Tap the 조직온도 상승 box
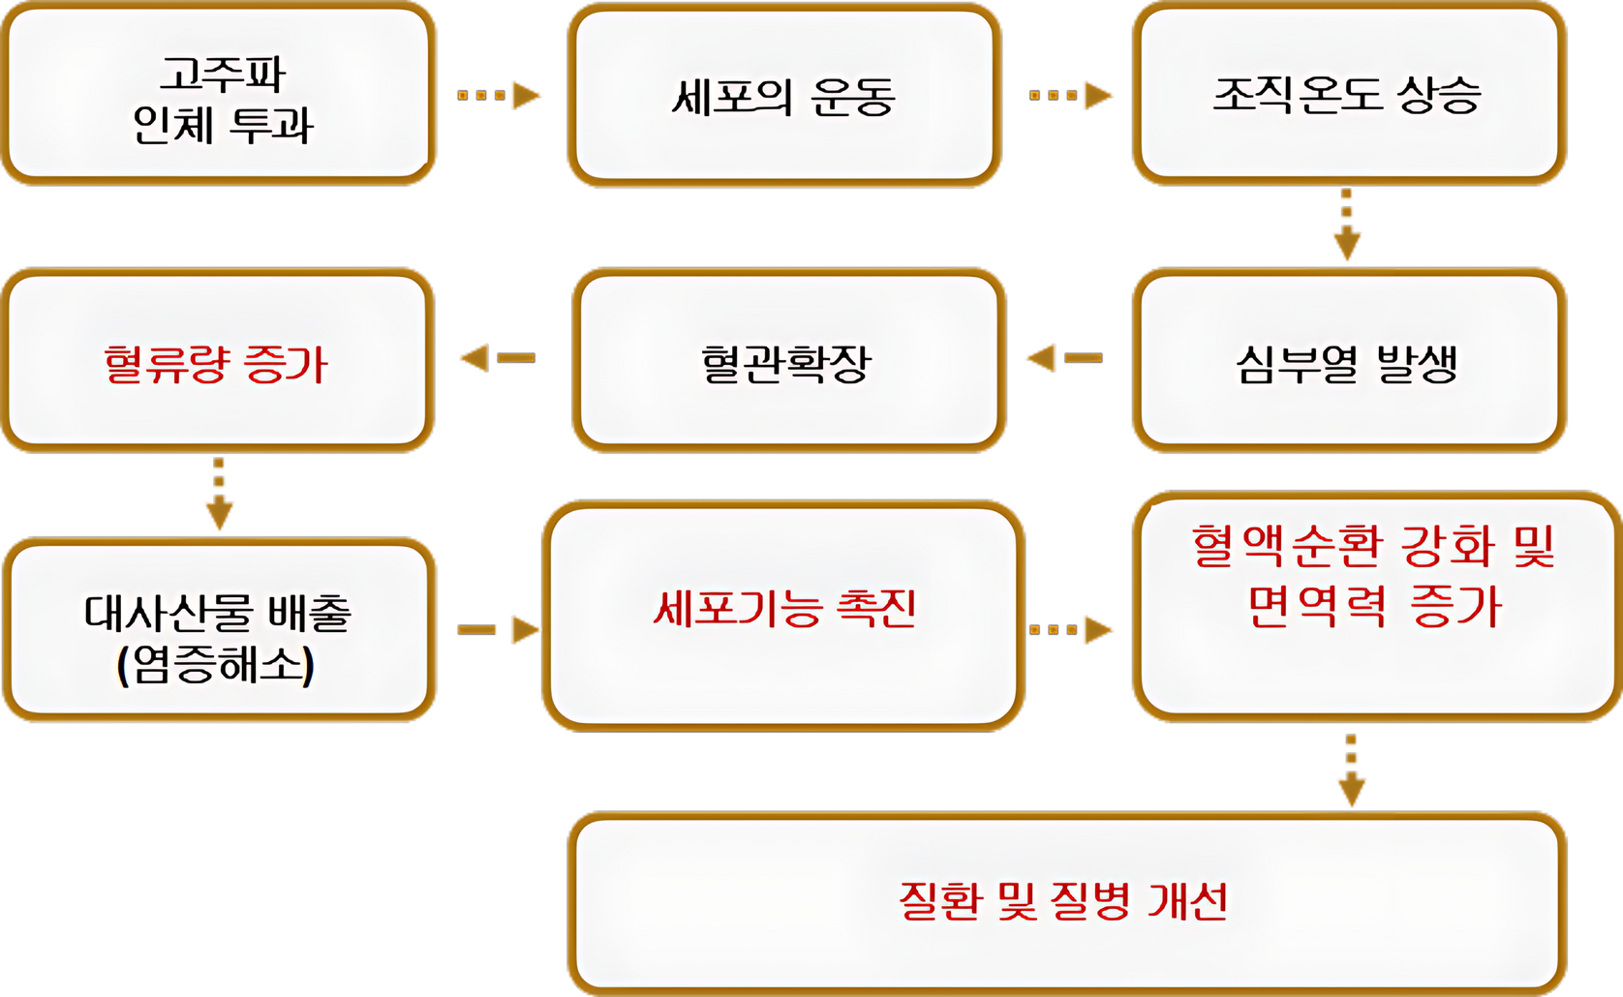[1348, 95]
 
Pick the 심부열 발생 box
[1348, 362]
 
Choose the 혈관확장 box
[786, 362]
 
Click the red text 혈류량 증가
[217, 364]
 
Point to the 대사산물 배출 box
[219, 629]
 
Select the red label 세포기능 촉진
[784, 608]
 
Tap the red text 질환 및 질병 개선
[1063, 900]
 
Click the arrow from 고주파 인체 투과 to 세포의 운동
[498, 95]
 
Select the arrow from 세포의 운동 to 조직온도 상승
[1071, 95]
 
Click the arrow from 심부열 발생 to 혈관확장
[1063, 358]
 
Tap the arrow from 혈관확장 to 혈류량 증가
[496, 358]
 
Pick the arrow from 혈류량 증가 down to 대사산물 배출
[220, 494]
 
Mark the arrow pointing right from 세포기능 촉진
[1071, 629]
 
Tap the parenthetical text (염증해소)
[216, 666]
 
